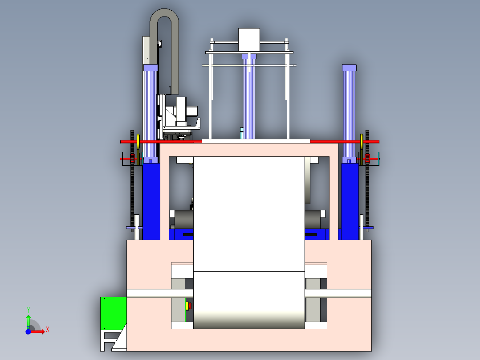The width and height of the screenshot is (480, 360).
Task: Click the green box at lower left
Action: [x=113, y=313]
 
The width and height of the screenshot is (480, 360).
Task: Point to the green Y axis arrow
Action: [x=28, y=320]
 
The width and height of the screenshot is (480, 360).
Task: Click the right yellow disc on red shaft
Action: [x=361, y=142]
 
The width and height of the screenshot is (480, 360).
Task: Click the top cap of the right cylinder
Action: [x=349, y=68]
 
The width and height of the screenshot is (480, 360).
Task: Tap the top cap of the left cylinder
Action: [x=151, y=68]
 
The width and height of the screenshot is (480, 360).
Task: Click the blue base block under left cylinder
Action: [x=151, y=200]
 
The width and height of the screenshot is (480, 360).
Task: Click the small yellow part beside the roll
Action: [x=188, y=306]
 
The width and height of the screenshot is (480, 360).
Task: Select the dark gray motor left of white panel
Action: [x=183, y=219]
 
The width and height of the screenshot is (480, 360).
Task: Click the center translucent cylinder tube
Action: [x=249, y=98]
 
